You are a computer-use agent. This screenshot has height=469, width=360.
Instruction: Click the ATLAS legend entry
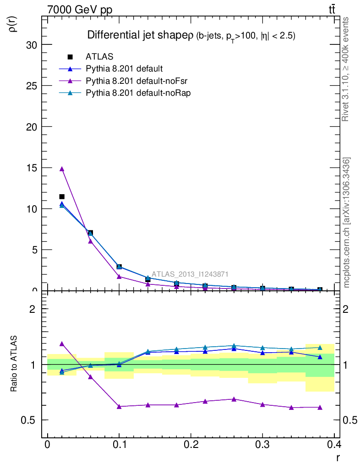(x=99, y=57)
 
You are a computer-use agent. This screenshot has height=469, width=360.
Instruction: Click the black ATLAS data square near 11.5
(x=62, y=197)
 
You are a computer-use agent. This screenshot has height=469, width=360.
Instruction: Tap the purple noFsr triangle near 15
(x=62, y=169)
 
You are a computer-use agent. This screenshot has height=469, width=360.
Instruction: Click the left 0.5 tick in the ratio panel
(x=30, y=420)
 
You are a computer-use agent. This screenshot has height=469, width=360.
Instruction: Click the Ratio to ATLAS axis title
(x=14, y=364)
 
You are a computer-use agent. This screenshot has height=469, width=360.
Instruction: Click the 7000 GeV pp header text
(x=80, y=10)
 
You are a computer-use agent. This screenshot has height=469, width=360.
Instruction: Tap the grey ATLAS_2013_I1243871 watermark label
(x=190, y=274)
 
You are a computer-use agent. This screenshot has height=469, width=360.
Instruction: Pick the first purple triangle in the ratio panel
(x=62, y=344)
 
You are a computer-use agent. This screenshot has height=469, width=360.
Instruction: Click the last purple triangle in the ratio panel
(x=320, y=407)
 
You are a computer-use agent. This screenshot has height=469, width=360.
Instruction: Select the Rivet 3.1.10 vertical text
(x=346, y=69)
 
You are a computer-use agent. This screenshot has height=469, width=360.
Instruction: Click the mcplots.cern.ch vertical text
(x=347, y=223)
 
